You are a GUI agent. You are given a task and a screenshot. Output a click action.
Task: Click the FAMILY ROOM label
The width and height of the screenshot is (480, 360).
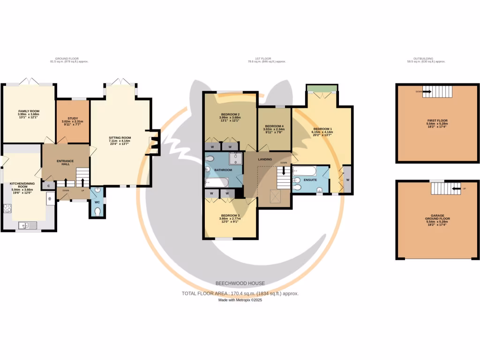click(29, 111)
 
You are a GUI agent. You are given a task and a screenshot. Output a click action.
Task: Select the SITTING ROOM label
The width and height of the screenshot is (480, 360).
click(120, 138)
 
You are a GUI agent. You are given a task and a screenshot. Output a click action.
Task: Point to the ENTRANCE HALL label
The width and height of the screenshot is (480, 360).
click(65, 163)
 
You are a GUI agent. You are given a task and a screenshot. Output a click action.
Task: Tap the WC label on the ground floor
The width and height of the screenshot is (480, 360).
click(97, 202)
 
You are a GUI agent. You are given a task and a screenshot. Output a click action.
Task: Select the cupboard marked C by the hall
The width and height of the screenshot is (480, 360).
click(48, 186)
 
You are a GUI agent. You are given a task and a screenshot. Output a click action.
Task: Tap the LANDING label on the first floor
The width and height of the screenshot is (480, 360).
click(265, 159)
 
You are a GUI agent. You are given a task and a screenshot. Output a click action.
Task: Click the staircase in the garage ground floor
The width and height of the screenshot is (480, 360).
click(441, 189)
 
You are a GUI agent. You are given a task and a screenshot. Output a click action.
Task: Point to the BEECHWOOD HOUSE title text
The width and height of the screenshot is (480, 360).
click(240, 283)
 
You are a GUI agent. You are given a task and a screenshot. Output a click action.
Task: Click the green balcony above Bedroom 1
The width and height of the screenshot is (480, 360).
click(322, 88)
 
